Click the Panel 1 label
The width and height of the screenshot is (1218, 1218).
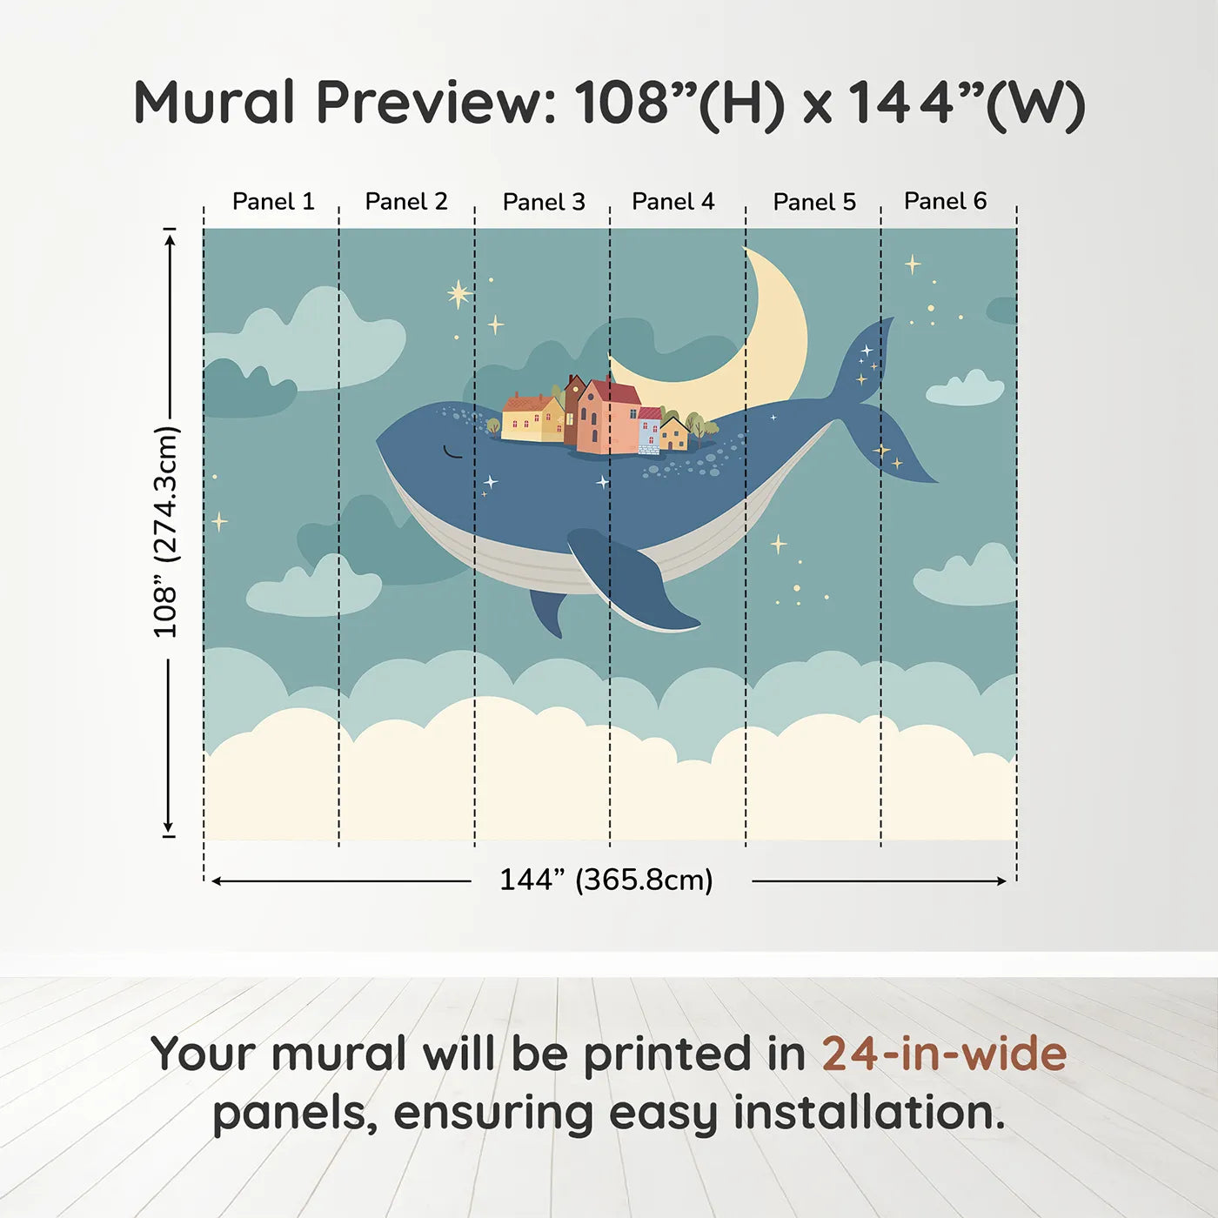pyautogui.click(x=272, y=202)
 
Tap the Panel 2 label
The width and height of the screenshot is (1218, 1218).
pyautogui.click(x=405, y=202)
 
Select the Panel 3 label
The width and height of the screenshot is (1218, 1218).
pyautogui.click(x=544, y=203)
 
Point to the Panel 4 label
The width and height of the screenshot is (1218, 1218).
pyautogui.click(x=673, y=202)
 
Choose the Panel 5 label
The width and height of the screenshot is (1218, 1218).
pyautogui.click(x=814, y=203)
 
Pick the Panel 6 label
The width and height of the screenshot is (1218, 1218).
pyautogui.click(x=945, y=201)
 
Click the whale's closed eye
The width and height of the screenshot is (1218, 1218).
pyautogui.click(x=452, y=452)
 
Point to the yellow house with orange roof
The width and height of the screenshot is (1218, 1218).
pyautogui.click(x=532, y=418)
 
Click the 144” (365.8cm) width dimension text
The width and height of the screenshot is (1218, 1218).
pyautogui.click(x=606, y=880)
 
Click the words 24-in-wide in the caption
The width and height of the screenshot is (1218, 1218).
pyautogui.click(x=944, y=1054)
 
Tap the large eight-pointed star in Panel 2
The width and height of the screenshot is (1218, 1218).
pyautogui.click(x=459, y=294)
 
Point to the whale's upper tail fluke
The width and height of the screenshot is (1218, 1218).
pyautogui.click(x=866, y=357)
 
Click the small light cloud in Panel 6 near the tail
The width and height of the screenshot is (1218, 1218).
pyautogui.click(x=966, y=389)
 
